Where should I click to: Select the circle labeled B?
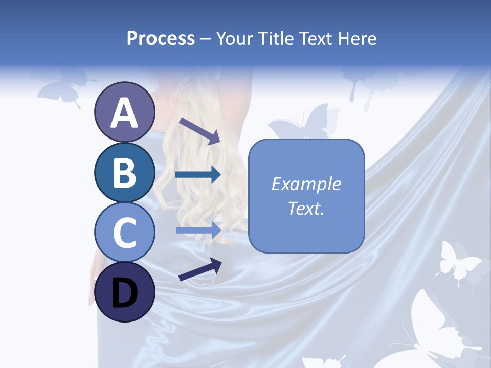coord(124,172)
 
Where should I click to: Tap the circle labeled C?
coord(124,232)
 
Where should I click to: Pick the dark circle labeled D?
coord(124,292)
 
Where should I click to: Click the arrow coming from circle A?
coord(199,130)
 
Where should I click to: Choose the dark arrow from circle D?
coord(200,269)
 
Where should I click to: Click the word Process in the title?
coord(161,38)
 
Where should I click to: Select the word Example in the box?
coord(306,184)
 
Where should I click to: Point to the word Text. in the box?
coord(306,208)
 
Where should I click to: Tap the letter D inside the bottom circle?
coord(124,293)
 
